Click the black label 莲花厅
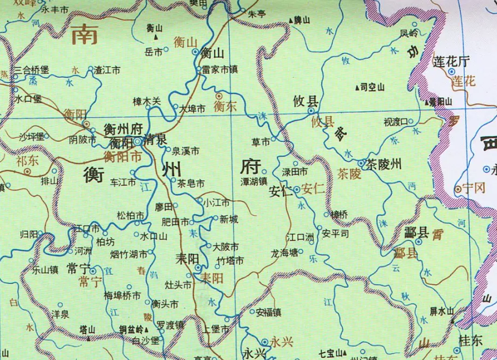[x=451, y=61]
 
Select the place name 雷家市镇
[x=220, y=69]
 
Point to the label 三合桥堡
[x=32, y=70]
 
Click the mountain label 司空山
[x=372, y=87]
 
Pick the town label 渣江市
[x=107, y=70]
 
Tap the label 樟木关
[x=147, y=101]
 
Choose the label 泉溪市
[x=185, y=151]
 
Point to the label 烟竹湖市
[x=129, y=254]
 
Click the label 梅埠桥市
[x=122, y=295]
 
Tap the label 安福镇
[x=268, y=312]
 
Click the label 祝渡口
[x=395, y=122]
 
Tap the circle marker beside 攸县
[x=311, y=111]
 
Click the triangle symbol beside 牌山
[x=291, y=20]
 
